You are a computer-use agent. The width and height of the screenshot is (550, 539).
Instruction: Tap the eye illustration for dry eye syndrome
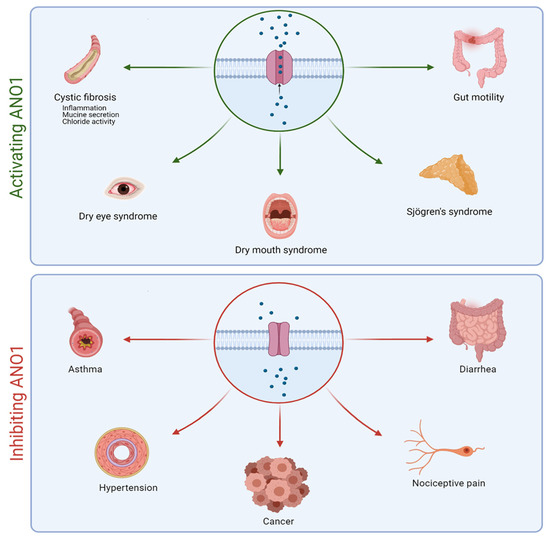coord(126,187)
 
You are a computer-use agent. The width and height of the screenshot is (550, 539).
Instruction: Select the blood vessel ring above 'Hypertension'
coord(121,446)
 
